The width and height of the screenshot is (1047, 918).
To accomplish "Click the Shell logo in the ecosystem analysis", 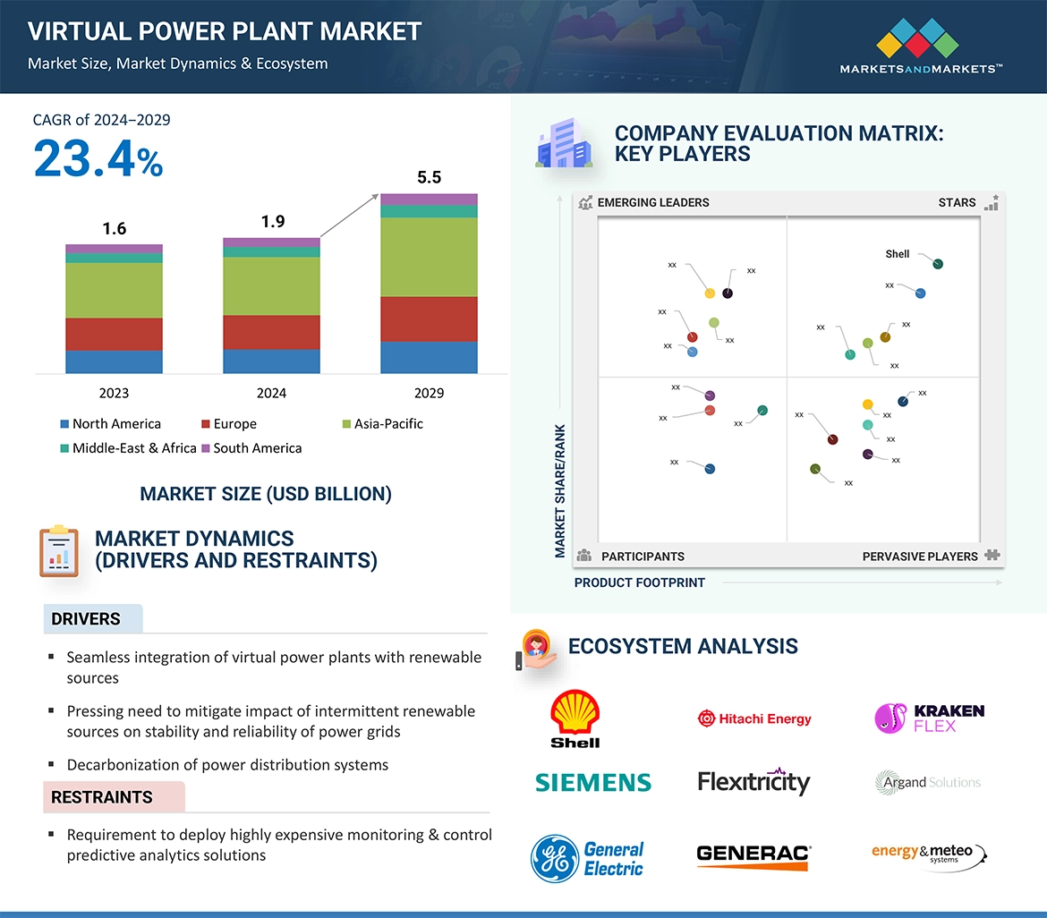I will point(575,718).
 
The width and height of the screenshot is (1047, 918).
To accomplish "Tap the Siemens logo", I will point(592,783).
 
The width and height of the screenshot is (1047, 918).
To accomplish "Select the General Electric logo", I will point(587,859).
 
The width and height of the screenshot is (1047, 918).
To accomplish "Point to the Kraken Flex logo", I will point(929,718).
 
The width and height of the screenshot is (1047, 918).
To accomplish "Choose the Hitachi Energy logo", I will point(754,718).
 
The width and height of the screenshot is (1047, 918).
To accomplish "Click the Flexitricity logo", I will point(753,782).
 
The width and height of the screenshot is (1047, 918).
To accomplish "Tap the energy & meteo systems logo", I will point(928,854).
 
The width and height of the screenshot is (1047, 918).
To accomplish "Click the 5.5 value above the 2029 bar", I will point(429,177).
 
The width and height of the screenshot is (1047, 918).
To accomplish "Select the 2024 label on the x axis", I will point(271,393).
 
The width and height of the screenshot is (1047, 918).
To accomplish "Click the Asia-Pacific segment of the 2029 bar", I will point(429,258).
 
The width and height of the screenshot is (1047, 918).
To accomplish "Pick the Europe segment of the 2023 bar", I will point(114,334).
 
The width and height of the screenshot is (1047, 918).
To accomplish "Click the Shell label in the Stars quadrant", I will point(897,254).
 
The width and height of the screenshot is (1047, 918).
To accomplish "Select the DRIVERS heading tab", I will point(86,619).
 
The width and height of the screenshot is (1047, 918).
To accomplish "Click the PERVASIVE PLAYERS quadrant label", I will point(920,557).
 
